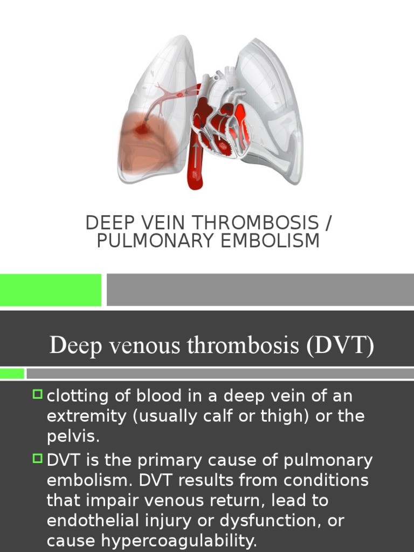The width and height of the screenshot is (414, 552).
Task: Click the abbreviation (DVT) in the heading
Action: [x=340, y=345]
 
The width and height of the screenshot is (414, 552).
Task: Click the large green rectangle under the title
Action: [x=50, y=289]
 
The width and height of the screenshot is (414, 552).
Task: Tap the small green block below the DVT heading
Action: [x=12, y=373]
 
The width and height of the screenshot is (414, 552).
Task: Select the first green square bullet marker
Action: [x=37, y=395]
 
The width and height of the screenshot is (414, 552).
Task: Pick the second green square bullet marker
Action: [x=37, y=459]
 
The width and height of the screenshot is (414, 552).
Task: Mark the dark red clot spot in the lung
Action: [x=142, y=129]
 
